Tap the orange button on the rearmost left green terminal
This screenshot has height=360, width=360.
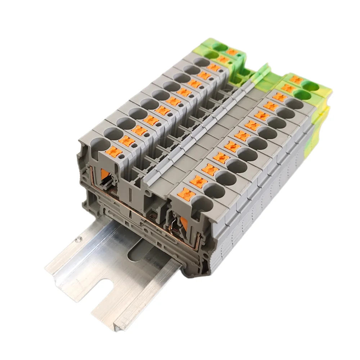pos(232,52)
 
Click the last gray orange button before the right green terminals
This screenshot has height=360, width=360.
pos(279,97)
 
